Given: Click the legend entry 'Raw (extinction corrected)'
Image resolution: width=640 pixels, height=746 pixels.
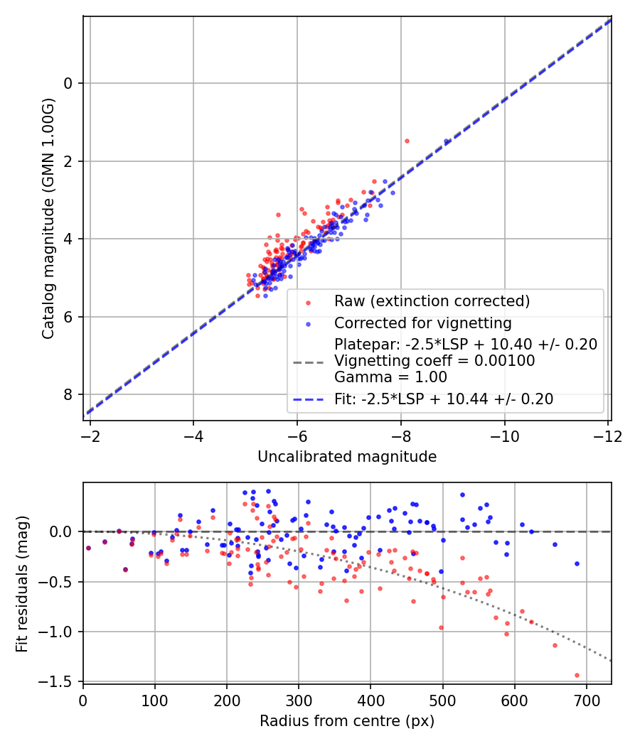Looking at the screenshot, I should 432,301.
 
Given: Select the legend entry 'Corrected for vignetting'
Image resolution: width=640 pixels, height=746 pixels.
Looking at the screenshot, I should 422,323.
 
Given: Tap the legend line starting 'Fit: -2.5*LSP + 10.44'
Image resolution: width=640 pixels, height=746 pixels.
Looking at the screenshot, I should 443,399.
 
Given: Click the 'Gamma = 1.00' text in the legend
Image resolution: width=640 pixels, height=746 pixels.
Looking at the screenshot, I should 390,377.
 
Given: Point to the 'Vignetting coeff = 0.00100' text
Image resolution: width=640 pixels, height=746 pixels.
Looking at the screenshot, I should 434,361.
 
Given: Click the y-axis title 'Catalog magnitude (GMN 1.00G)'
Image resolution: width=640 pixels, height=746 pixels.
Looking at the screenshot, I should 48,220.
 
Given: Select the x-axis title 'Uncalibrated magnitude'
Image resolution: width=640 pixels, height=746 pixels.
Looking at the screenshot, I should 347,457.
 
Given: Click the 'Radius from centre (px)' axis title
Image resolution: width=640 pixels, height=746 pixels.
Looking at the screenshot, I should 347,721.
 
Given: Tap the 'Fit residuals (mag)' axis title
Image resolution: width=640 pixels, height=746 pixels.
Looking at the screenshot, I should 22,583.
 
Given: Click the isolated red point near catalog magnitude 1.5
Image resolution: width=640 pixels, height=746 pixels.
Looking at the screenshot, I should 407,141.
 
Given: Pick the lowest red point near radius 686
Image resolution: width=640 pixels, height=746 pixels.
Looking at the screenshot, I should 577,675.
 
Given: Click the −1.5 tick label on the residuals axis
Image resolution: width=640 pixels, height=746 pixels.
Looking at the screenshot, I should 60,681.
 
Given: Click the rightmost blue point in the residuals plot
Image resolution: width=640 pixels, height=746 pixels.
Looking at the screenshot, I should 577,563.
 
